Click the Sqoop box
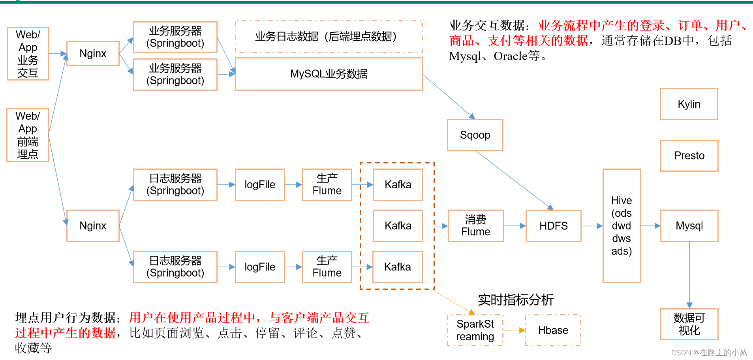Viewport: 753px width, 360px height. click(475, 135)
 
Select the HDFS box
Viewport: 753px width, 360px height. click(553, 226)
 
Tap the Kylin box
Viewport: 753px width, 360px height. click(689, 104)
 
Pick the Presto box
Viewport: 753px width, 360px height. click(689, 156)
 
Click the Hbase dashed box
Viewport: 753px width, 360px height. click(553, 330)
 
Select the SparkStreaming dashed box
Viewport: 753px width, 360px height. click(475, 330)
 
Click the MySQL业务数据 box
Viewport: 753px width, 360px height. click(329, 74)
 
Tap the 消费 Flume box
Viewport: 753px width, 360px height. click(475, 226)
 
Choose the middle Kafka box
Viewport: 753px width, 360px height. click(398, 226)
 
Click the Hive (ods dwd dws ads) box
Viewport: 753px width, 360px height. click(621, 226)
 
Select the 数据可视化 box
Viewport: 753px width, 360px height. click(689, 324)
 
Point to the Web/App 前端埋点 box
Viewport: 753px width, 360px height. click(28, 135)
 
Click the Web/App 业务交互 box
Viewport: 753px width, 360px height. click(28, 54)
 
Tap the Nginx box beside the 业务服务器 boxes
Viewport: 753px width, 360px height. click(93, 54)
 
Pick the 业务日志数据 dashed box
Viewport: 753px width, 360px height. click(329, 37)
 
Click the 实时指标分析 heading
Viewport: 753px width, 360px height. click(516, 300)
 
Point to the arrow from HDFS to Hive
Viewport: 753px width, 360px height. click(592, 226)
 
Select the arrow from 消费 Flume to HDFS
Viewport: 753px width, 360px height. click(515, 226)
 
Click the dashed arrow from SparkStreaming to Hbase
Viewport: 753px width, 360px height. click(514, 330)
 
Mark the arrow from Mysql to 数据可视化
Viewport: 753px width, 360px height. click(689, 275)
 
